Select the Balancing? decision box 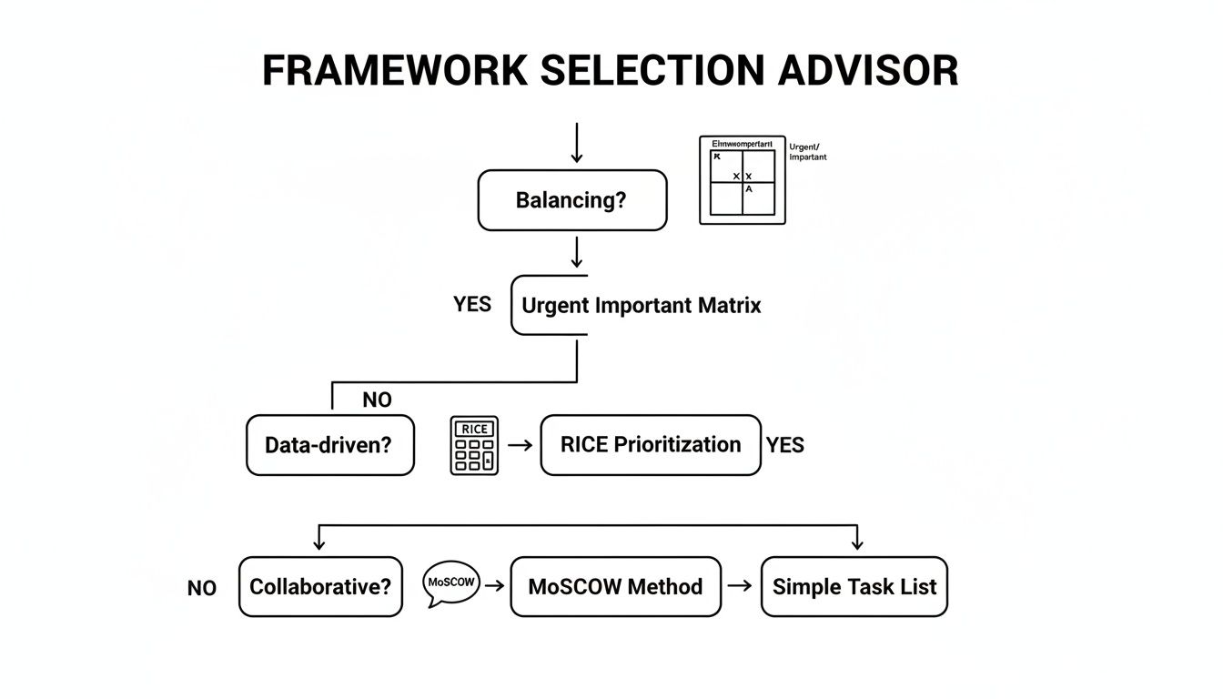[571, 200]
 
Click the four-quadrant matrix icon [742, 180]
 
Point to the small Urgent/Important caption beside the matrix [808, 152]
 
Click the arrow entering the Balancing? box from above [576, 144]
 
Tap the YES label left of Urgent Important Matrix [472, 305]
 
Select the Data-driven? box [329, 445]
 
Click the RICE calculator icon [474, 445]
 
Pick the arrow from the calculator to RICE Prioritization [520, 445]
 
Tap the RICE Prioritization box [650, 445]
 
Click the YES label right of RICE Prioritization [784, 445]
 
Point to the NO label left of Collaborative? [202, 588]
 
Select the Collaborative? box [320, 587]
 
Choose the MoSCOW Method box [615, 587]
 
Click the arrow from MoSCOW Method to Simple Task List [741, 586]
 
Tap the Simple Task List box [854, 587]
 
